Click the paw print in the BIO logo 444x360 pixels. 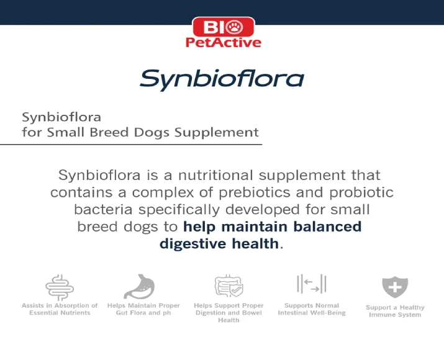pos(235,27)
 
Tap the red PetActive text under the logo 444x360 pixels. pos(224,42)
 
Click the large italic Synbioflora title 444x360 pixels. pos(222,80)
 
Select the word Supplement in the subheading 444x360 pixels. pos(216,132)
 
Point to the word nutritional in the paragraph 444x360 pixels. pos(215,175)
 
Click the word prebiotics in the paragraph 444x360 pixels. pos(254,192)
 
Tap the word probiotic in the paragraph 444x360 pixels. pos(361,192)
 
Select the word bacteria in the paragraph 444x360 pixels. pos(103,210)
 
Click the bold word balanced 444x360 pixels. pos(327,227)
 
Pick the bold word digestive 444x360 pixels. pos(193,245)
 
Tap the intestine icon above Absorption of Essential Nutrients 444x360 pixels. pos(60,287)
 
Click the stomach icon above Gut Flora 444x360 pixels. pos(140,286)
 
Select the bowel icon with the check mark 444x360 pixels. pos(229,286)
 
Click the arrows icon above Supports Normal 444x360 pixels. pos(312,284)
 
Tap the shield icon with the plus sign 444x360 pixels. pos(395,287)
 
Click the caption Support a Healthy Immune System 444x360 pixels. pos(395,311)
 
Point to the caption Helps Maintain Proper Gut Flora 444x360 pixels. pos(143,309)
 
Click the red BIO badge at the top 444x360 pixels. pos(224,27)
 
